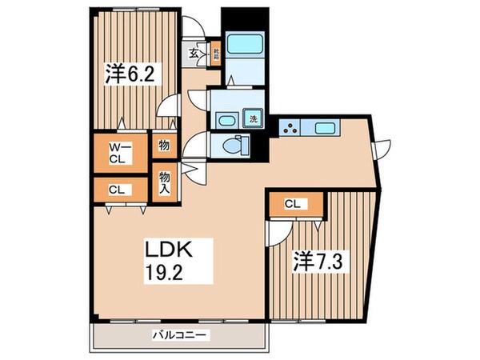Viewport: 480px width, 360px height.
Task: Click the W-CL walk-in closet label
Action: coord(118,152)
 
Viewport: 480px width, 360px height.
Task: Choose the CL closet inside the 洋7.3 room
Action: coord(294,204)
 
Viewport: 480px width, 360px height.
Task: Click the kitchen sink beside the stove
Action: coord(325,127)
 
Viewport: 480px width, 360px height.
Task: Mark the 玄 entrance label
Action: coord(194,54)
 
